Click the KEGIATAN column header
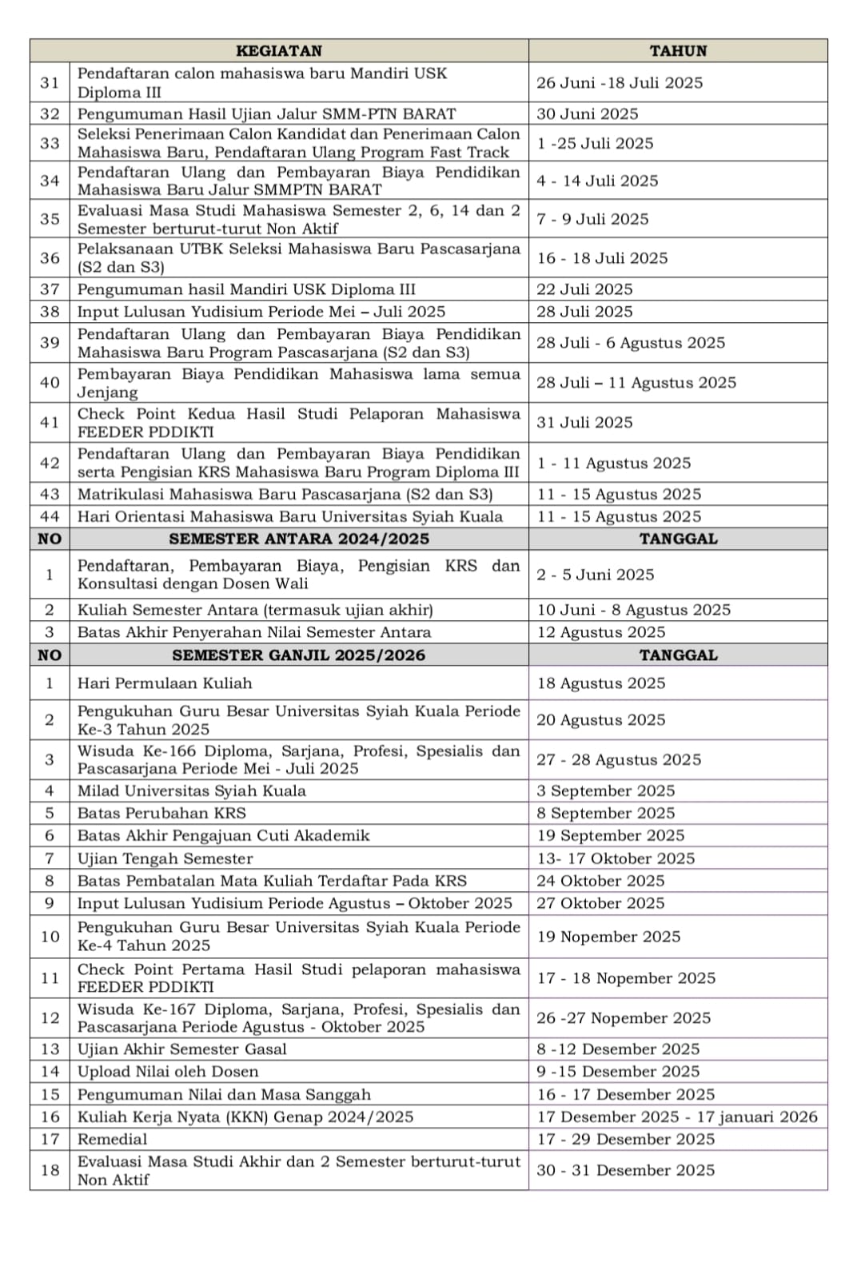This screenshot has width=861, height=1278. click(x=279, y=50)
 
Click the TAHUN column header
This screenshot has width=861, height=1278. click(x=678, y=50)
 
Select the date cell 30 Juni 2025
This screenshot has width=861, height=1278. click(x=588, y=113)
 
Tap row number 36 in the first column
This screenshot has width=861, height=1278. click(x=50, y=258)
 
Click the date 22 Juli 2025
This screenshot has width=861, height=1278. click(x=584, y=289)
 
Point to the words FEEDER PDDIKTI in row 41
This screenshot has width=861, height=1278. click(x=145, y=432)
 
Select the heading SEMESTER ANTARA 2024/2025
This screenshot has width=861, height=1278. click(x=299, y=539)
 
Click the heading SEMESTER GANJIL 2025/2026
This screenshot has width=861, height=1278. click(x=299, y=655)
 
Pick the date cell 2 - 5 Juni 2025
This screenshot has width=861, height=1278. click(x=596, y=575)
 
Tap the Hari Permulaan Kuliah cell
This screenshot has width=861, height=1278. click(x=165, y=683)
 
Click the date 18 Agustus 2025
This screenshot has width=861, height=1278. click(x=601, y=683)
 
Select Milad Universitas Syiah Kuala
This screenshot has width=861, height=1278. click(x=192, y=791)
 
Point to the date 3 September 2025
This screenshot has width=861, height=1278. click(x=606, y=791)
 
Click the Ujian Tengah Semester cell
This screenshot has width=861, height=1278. click(x=165, y=858)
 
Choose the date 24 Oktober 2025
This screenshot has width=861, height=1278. click(x=600, y=881)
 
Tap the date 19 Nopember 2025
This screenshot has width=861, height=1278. click(x=608, y=937)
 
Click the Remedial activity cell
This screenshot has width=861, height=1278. click(x=113, y=1139)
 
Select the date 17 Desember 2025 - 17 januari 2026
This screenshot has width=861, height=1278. click(x=677, y=1117)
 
